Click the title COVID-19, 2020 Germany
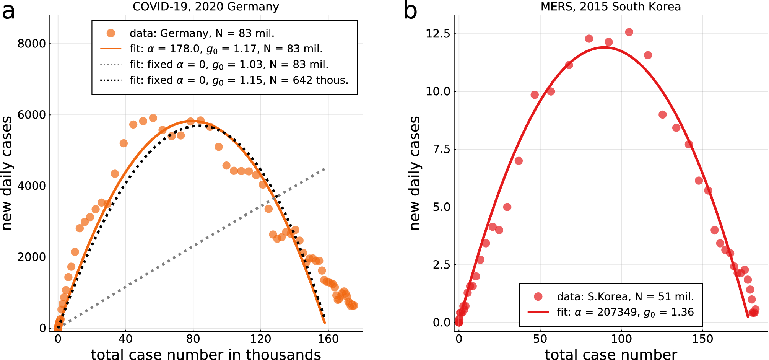tap(206, 7)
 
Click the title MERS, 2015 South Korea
tap(610, 7)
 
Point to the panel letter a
tap(8, 11)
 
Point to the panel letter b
tap(410, 11)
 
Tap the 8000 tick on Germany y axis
tap(32, 44)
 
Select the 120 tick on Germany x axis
tap(260, 339)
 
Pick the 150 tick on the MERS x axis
tap(703, 339)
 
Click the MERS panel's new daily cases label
tap(415, 173)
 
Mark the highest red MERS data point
tap(629, 32)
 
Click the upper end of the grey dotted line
tap(324, 169)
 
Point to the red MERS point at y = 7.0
tap(519, 161)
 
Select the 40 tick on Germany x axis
tap(125, 339)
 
